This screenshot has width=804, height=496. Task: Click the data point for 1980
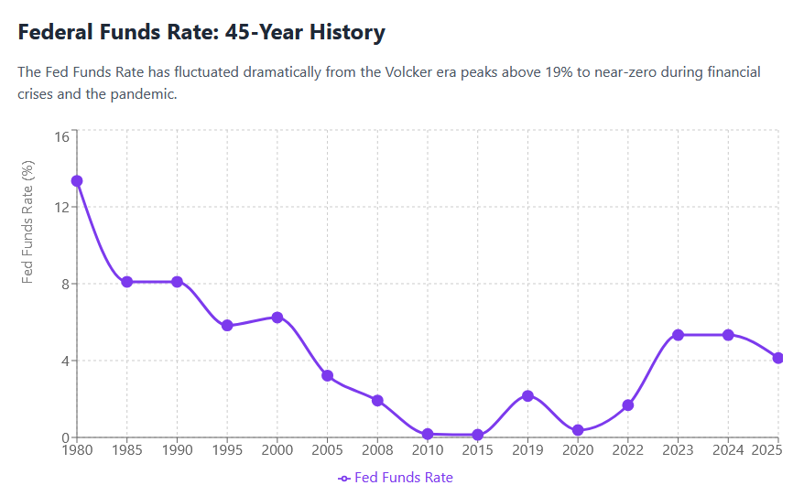tap(77, 181)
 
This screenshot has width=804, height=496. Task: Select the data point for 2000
tap(277, 318)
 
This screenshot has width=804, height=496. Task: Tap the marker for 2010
tap(428, 434)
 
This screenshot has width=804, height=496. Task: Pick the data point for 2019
tap(527, 396)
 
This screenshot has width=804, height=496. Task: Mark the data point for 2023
tap(678, 335)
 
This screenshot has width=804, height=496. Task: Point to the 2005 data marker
tap(327, 376)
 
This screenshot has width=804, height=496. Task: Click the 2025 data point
tap(778, 358)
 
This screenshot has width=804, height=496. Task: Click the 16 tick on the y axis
tap(61, 137)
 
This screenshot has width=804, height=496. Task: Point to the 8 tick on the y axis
tap(65, 284)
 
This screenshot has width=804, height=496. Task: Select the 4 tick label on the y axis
tap(65, 361)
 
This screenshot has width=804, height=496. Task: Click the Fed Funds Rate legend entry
tap(396, 478)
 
